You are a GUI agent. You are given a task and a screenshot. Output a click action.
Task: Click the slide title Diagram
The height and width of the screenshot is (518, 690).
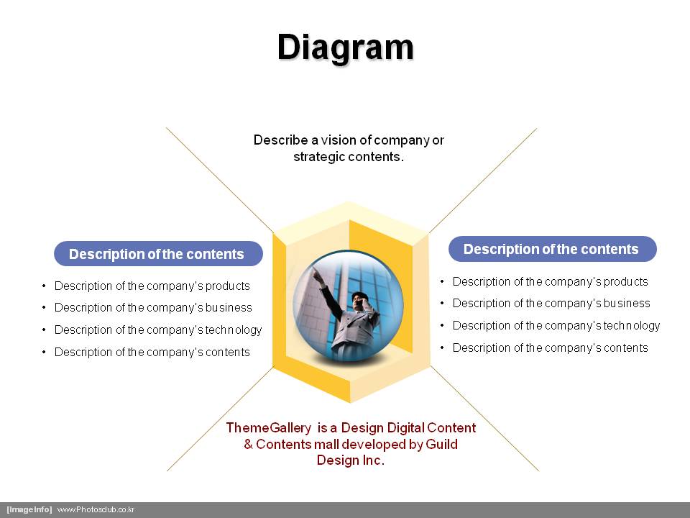pyautogui.click(x=346, y=47)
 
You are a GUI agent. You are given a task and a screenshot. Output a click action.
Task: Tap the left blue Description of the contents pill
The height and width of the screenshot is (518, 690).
pyautogui.click(x=158, y=254)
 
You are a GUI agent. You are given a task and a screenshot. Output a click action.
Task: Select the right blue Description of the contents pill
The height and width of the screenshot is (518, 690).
pyautogui.click(x=553, y=249)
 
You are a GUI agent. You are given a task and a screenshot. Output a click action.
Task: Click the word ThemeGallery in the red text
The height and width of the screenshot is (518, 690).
pyautogui.click(x=268, y=427)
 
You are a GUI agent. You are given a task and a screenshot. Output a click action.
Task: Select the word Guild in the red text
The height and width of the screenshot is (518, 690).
pyautogui.click(x=442, y=444)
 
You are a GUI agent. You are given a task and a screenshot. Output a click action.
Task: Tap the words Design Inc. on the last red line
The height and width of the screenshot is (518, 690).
pyautogui.click(x=351, y=460)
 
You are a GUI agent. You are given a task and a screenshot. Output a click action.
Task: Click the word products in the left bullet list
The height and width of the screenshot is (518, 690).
pyautogui.click(x=228, y=286)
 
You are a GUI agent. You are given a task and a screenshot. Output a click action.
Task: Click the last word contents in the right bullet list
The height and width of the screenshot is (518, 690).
pyautogui.click(x=626, y=347)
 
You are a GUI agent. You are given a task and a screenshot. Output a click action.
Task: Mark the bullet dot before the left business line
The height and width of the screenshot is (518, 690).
pyautogui.click(x=44, y=307)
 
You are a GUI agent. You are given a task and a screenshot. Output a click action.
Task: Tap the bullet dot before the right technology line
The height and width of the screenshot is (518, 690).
pyautogui.click(x=442, y=325)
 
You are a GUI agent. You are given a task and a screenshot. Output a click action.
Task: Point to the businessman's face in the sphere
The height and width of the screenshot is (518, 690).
pyautogui.click(x=357, y=301)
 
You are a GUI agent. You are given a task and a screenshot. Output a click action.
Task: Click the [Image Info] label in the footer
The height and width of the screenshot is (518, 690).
pyautogui.click(x=29, y=509)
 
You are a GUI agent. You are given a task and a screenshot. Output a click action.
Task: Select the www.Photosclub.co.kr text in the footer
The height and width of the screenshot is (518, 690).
pyautogui.click(x=96, y=509)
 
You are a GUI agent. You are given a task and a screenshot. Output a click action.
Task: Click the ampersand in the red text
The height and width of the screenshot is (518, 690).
pyautogui.click(x=248, y=444)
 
